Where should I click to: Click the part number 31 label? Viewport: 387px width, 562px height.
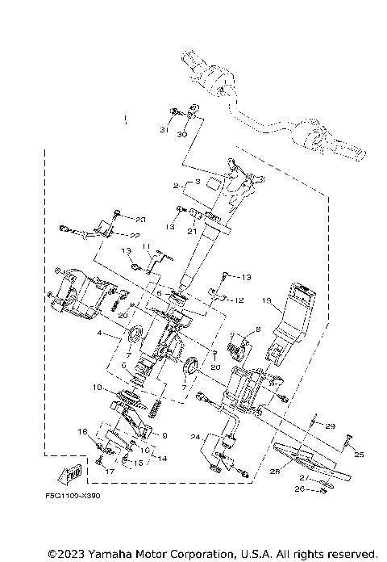164,131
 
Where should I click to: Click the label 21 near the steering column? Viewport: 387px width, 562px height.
193,232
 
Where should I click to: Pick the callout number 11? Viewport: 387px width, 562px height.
147,246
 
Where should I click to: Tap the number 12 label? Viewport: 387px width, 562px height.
239,300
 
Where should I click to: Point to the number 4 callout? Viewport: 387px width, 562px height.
101,333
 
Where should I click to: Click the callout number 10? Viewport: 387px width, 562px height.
97,388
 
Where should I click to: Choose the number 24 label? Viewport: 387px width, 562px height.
194,437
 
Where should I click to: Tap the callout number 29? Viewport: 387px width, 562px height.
330,425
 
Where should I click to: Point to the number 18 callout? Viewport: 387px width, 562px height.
81,432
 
